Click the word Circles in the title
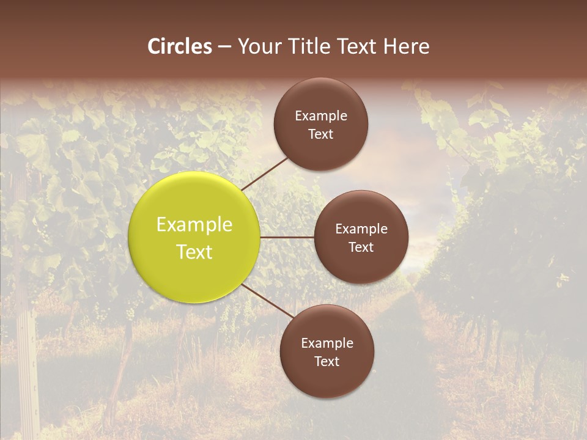pyautogui.click(x=180, y=46)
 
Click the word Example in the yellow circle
pyautogui.click(x=194, y=225)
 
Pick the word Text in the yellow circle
pyautogui.click(x=194, y=252)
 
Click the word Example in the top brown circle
pyautogui.click(x=321, y=116)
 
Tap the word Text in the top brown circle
pyautogui.click(x=321, y=134)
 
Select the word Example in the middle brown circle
pyautogui.click(x=361, y=229)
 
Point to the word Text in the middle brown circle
pyautogui.click(x=361, y=248)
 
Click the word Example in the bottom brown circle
pyautogui.click(x=327, y=343)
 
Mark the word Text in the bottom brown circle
pyautogui.click(x=327, y=362)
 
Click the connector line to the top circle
pyautogui.click(x=266, y=173)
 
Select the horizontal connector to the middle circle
pyautogui.click(x=287, y=237)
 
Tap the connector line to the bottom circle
pyautogui.click(x=268, y=301)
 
